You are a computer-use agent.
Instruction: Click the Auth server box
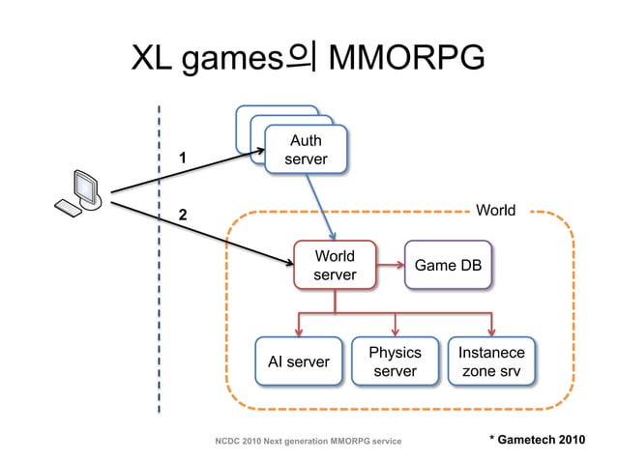306,150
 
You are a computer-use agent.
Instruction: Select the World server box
335,266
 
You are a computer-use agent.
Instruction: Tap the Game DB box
448,266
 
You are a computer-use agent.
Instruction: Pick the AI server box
298,361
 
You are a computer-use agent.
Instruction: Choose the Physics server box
395,361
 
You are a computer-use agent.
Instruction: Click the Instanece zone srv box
493,361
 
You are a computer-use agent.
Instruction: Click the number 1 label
181,156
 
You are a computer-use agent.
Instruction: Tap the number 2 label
181,214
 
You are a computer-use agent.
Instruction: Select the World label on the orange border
496,210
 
